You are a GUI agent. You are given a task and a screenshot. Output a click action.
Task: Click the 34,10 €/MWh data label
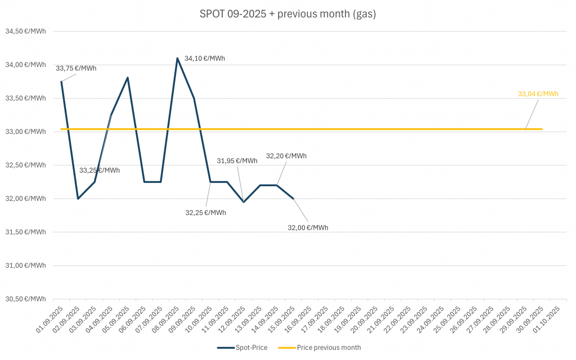(x=205, y=58)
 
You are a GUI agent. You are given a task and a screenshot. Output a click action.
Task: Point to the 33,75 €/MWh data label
(x=76, y=69)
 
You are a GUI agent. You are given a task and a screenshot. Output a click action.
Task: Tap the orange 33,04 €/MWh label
(x=538, y=94)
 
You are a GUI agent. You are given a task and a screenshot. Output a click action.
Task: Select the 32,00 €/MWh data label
(x=308, y=228)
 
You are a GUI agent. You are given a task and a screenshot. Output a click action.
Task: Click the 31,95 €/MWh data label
(x=237, y=161)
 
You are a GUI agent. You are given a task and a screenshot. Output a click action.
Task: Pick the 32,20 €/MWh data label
(x=286, y=156)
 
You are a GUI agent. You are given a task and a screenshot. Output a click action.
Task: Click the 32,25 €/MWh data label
(x=205, y=213)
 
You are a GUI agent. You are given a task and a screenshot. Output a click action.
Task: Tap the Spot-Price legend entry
(x=242, y=348)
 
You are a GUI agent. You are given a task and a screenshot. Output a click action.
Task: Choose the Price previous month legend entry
(x=321, y=348)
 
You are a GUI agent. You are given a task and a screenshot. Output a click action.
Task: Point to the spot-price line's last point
(x=293, y=199)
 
